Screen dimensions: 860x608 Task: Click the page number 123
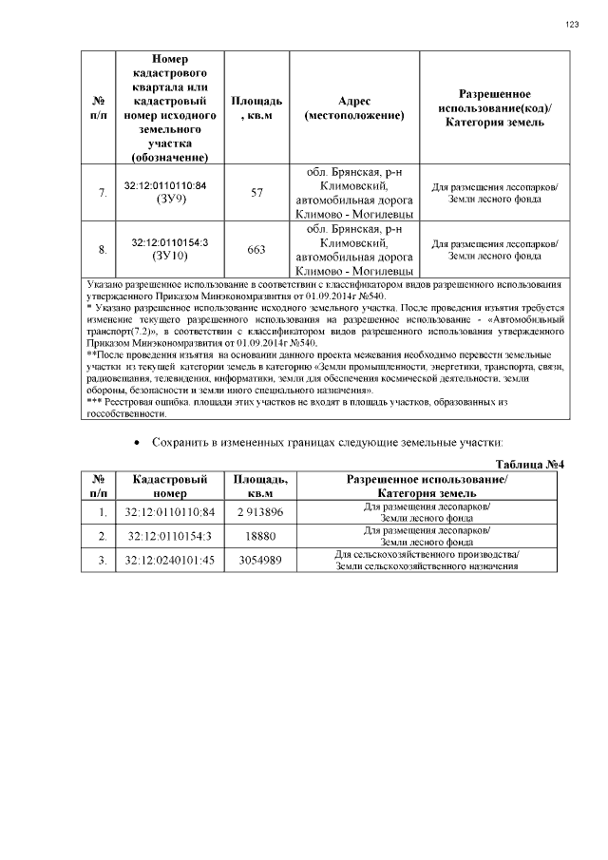tap(572, 25)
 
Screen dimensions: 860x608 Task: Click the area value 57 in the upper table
tap(256, 193)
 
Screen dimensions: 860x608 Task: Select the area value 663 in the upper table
tap(256, 250)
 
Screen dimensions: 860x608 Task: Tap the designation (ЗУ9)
tap(166, 201)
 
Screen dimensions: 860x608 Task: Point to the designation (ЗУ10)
tap(166, 257)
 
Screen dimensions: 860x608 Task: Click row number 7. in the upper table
tap(102, 193)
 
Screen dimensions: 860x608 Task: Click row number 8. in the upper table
tap(102, 250)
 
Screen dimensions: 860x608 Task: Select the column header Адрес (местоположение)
tap(354, 107)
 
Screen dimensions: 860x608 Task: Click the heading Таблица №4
tap(531, 464)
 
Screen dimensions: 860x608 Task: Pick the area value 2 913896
tap(261, 513)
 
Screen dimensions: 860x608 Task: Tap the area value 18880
tap(261, 537)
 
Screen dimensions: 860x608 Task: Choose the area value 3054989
tap(261, 561)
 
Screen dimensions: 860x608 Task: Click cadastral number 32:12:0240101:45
tap(170, 561)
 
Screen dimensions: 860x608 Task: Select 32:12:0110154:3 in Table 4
tap(170, 537)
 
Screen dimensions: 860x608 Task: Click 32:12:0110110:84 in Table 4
tap(170, 513)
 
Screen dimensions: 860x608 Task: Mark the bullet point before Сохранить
tap(140, 444)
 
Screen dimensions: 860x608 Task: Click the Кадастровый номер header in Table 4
tap(170, 487)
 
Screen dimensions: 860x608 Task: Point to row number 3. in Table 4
tap(102, 561)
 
